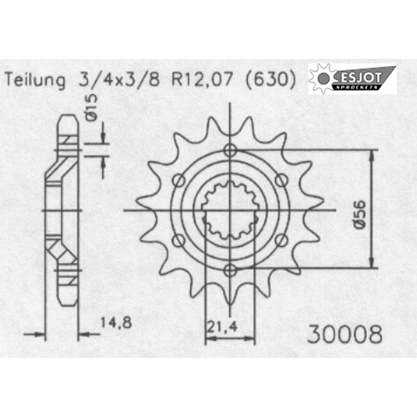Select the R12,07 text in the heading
click(202, 79)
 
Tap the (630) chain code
click(270, 80)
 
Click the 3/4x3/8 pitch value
click(119, 80)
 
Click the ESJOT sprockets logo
click(352, 78)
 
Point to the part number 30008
click(344, 334)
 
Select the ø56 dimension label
click(359, 214)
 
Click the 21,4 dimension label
click(222, 326)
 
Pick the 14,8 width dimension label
click(116, 323)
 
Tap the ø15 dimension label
click(92, 107)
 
